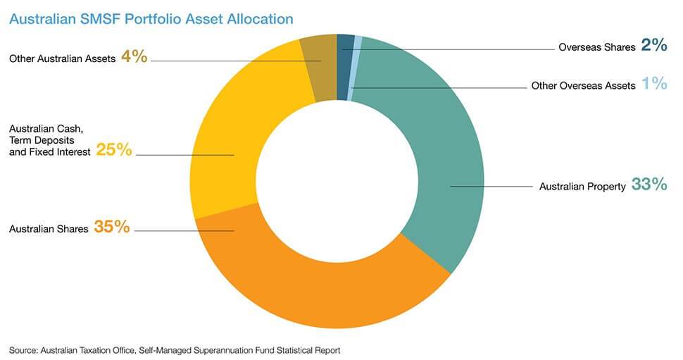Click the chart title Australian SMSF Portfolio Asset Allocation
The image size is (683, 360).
pos(151,19)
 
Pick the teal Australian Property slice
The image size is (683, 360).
pos(444,162)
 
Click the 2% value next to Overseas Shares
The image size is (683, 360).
pos(653,46)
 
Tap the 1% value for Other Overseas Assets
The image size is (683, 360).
pos(654,85)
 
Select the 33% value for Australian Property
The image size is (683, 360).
pos(648,185)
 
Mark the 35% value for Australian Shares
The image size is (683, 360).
pos(112,227)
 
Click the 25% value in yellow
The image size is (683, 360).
pos(114,149)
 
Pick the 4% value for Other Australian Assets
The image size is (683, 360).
pos(134,57)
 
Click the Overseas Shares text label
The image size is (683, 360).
pos(596,48)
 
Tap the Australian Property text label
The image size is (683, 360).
pos(582,187)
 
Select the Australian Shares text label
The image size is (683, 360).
pos(49,228)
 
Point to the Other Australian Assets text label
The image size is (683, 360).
pos(62,58)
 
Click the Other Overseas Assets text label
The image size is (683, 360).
pos(583,86)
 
